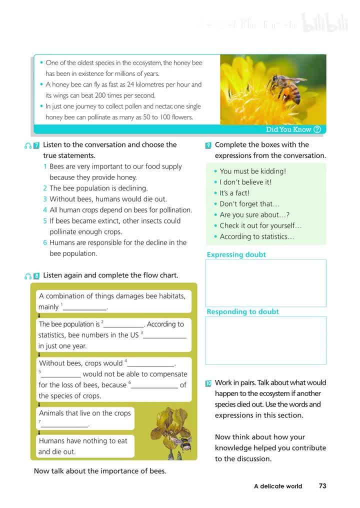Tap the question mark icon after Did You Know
click(x=316, y=129)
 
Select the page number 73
click(x=322, y=485)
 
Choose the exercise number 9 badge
click(x=208, y=145)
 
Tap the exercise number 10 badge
click(x=208, y=383)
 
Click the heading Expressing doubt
click(x=236, y=254)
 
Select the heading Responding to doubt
click(x=242, y=311)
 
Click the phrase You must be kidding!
click(x=252, y=171)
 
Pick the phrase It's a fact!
click(x=234, y=193)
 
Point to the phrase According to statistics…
click(x=257, y=236)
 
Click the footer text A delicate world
click(x=277, y=486)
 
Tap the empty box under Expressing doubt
click(x=265, y=283)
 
